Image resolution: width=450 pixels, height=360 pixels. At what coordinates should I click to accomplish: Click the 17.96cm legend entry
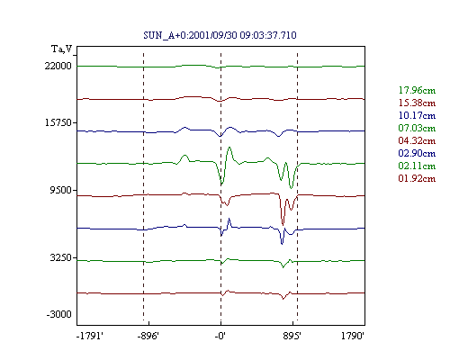tap(417, 90)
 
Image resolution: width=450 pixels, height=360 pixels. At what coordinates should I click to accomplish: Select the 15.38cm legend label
tap(417, 103)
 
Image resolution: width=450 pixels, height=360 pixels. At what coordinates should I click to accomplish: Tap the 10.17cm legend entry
tap(417, 115)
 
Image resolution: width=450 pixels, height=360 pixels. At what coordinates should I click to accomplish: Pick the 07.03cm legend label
tap(417, 128)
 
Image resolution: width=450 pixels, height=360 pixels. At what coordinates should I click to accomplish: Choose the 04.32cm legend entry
tap(417, 140)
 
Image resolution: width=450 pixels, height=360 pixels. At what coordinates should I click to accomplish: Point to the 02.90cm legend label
tap(417, 153)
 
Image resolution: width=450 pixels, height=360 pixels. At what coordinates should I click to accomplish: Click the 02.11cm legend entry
tap(417, 166)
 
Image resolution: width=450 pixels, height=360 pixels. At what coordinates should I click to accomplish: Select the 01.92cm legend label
tap(417, 178)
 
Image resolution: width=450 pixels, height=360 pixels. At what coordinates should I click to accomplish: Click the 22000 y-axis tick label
tap(58, 66)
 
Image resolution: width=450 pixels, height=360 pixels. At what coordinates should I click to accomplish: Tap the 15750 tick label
tap(58, 122)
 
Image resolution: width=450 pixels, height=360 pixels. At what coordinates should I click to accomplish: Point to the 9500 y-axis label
tap(61, 190)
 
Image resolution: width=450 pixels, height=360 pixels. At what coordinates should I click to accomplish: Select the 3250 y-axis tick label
tap(61, 257)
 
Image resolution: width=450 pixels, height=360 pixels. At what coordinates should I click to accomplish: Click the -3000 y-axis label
tap(58, 314)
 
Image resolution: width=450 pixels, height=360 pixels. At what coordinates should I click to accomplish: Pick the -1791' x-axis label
tap(90, 336)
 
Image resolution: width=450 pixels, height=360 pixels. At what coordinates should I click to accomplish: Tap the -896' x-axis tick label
tap(148, 336)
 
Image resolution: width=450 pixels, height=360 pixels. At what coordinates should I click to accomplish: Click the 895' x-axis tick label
tap(292, 336)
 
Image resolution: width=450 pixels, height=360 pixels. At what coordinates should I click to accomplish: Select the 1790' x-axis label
tap(353, 336)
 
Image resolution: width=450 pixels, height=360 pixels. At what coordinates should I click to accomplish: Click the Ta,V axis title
tap(62, 49)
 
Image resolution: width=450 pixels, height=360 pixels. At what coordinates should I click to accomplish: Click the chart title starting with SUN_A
tap(220, 35)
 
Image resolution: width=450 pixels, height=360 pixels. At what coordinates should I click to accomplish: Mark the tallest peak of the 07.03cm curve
tap(229, 147)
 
